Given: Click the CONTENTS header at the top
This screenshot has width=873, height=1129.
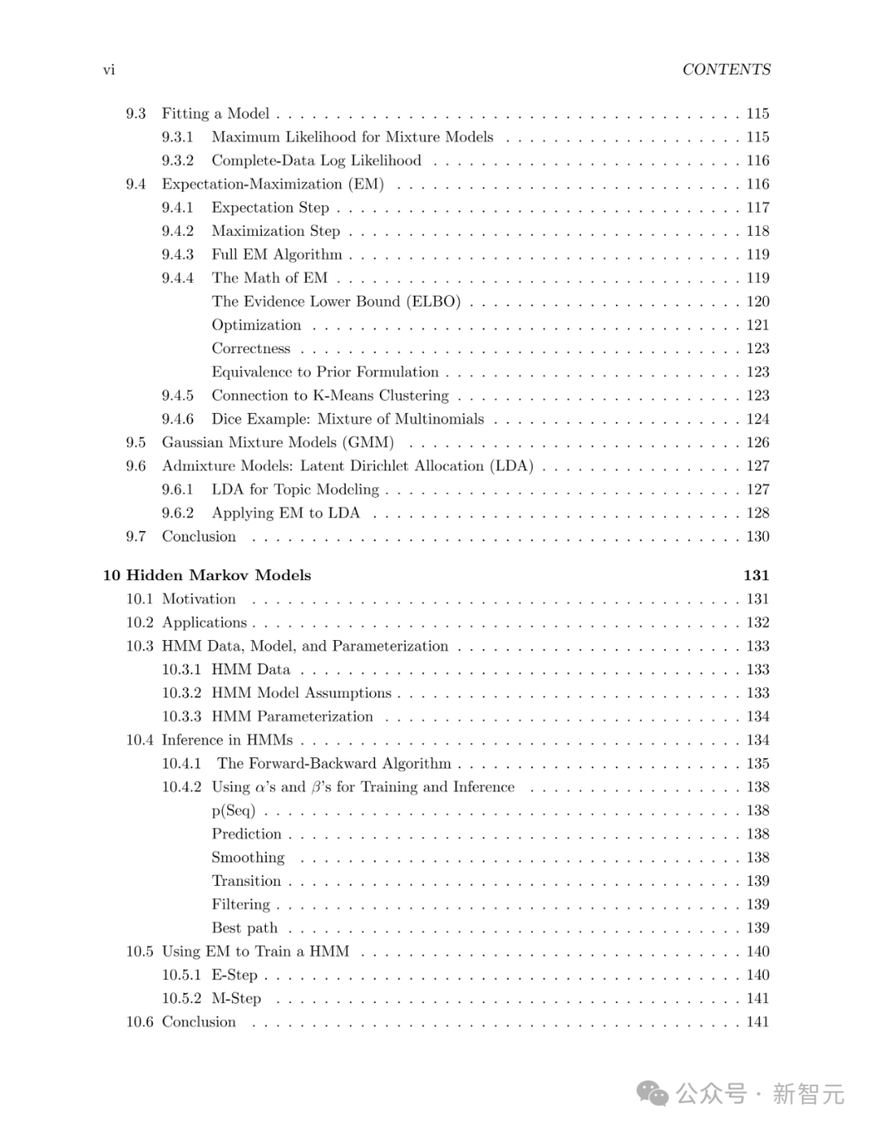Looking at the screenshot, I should (726, 70).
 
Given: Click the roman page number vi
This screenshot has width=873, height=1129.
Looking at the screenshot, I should (109, 70).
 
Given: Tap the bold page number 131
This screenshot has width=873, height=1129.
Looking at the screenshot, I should (756, 575).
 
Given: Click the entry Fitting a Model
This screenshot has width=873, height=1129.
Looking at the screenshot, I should (215, 114).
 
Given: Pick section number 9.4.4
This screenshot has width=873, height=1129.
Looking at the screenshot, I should (178, 278).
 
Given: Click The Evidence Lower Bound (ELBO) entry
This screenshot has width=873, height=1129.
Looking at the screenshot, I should (335, 301).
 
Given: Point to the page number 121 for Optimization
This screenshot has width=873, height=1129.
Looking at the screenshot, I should (757, 325).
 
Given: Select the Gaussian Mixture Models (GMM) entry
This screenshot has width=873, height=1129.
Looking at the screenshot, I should (277, 443).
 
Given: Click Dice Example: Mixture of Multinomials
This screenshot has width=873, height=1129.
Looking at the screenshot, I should (348, 419).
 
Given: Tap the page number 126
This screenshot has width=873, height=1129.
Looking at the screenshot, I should (757, 443).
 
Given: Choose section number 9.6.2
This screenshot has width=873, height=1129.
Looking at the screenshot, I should (178, 513).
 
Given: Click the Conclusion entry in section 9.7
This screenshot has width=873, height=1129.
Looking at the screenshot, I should (199, 537).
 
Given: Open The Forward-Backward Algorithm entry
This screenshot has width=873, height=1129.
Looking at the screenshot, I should (334, 764).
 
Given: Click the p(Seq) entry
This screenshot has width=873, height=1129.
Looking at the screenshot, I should (233, 811).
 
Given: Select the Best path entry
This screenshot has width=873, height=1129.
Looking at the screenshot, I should (244, 928).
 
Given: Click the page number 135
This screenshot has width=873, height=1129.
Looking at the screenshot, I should (757, 764).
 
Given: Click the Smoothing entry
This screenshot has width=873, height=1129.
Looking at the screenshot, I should (248, 857).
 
